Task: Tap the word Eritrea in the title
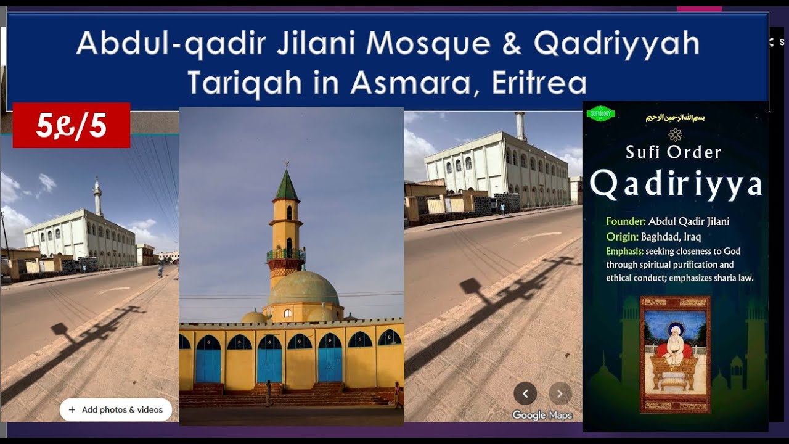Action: coord(539,83)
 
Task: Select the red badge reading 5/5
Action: coord(72,125)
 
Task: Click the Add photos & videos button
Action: coord(116,409)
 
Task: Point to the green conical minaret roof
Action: coord(286,185)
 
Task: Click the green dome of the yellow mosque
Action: coord(303,288)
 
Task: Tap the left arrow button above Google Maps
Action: coord(525,393)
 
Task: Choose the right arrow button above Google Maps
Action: coord(560,393)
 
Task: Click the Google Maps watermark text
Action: coord(542,415)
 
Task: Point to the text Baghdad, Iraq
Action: coord(671,236)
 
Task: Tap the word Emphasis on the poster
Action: coord(624,251)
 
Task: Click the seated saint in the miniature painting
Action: coord(675,348)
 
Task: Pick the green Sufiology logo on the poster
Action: coord(600,114)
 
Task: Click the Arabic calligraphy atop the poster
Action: coord(674,117)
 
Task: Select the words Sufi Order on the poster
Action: coord(673,152)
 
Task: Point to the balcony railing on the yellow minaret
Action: coord(286,255)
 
